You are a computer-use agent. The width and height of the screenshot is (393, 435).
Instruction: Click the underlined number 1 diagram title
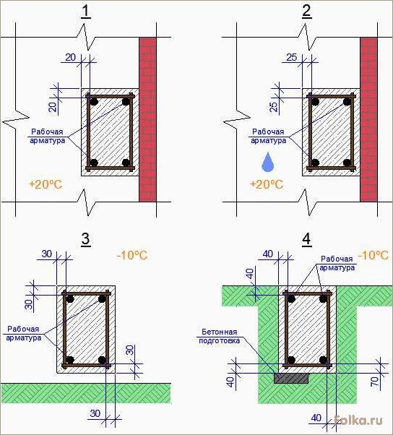point(86,12)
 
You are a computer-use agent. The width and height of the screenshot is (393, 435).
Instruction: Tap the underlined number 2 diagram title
point(307,12)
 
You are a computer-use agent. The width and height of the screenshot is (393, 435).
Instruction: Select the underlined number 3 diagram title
point(86,239)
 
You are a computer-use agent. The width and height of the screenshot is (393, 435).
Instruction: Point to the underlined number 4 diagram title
point(306,239)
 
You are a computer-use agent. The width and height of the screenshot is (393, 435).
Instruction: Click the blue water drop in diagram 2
point(267,162)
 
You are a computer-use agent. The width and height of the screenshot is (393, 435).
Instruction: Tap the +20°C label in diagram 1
point(46,184)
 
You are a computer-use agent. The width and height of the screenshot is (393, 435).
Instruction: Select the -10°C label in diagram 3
point(132,255)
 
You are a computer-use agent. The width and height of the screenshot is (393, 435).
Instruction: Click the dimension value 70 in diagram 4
point(374,382)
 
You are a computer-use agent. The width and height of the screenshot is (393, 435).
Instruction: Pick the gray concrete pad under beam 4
point(291,378)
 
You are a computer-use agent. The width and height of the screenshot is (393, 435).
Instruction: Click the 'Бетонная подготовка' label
point(220,336)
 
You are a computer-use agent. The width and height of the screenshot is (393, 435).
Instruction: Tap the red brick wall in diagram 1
point(147,119)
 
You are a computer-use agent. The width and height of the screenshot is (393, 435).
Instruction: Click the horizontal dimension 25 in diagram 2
point(291,57)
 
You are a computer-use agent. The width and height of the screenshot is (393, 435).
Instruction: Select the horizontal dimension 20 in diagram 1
point(71,57)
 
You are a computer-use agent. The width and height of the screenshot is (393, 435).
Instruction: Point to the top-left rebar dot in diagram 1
point(95,102)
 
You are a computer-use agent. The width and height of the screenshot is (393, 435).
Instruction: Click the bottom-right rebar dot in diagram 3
point(102,360)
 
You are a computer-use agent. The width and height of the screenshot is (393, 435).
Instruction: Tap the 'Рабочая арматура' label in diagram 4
point(337,263)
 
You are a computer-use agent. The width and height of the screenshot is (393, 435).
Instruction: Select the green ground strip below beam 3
point(86,393)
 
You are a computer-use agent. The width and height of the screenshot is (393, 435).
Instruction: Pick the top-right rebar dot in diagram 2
point(347,102)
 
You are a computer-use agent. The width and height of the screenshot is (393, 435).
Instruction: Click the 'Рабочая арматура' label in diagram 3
point(24,333)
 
